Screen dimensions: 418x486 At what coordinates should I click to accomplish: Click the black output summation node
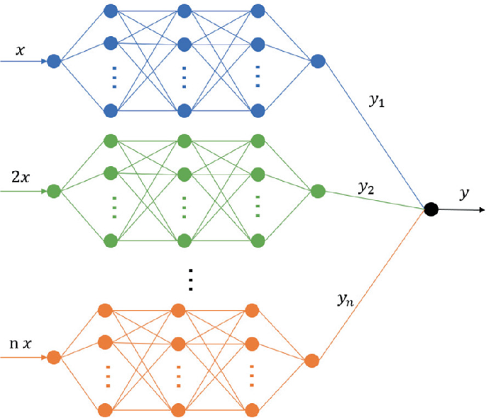(430, 209)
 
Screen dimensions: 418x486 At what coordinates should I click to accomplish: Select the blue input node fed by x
(53, 62)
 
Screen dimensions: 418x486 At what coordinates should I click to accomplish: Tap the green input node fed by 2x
(53, 191)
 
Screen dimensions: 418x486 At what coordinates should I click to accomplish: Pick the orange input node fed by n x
(53, 357)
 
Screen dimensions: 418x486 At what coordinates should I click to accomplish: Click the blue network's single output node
(317, 62)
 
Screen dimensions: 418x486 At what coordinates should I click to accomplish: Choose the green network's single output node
(317, 191)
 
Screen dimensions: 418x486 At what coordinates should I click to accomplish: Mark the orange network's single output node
(310, 361)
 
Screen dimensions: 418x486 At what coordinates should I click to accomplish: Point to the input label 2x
(19, 176)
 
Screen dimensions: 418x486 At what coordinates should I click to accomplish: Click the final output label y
(465, 192)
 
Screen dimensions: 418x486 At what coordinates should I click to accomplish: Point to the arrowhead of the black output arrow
(482, 209)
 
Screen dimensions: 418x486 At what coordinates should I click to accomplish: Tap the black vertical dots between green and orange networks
(190, 280)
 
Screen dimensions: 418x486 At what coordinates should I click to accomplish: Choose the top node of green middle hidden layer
(184, 140)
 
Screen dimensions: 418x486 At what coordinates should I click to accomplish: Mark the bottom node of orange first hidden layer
(106, 410)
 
